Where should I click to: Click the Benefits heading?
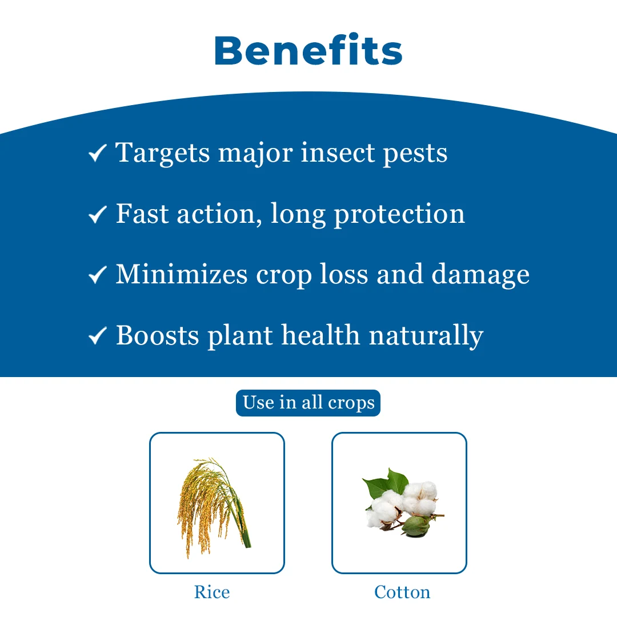(308, 50)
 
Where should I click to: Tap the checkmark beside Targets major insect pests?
(97, 153)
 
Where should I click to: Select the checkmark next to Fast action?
(97, 214)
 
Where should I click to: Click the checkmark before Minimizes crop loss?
(97, 274)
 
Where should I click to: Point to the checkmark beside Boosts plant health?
(97, 335)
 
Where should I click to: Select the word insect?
(338, 153)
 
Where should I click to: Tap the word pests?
(415, 154)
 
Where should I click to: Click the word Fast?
(142, 214)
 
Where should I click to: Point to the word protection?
(399, 215)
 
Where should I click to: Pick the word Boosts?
(158, 335)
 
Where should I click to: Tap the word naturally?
(426, 336)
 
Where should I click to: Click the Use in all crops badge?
(308, 403)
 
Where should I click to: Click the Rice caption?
(212, 592)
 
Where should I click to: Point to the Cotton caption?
(402, 592)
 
